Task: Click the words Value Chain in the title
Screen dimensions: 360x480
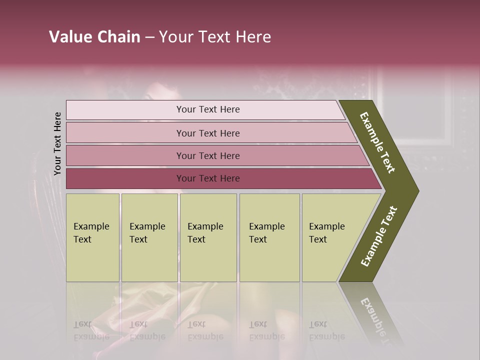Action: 94,37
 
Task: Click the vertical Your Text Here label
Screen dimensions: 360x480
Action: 57,143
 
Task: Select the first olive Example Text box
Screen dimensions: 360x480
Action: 92,237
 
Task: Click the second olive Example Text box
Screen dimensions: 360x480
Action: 149,237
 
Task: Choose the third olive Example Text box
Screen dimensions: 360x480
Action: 208,237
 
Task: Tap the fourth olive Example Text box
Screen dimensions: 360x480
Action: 269,237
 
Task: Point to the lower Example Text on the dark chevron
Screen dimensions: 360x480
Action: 379,236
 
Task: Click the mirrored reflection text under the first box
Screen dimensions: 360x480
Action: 91,330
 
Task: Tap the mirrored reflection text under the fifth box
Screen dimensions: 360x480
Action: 327,330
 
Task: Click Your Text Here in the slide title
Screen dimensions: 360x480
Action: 215,37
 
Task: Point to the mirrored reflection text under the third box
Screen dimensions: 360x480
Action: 205,330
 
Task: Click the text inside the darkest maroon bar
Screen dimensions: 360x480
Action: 208,178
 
